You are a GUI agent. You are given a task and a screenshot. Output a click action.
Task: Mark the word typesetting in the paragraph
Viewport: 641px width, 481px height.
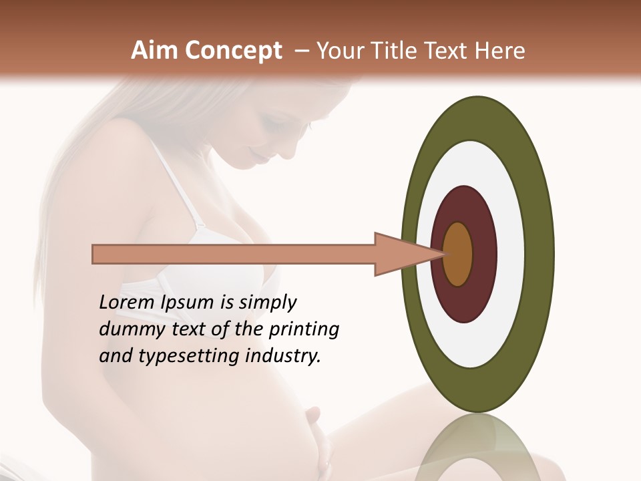pos(196,357)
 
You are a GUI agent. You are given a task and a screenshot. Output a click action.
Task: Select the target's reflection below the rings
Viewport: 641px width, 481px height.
pos(478,448)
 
